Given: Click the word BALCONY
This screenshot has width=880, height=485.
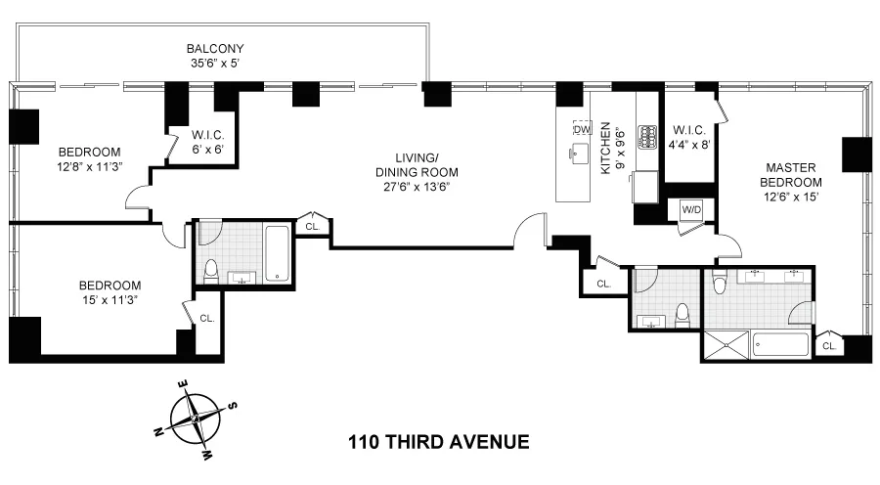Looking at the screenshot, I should (x=216, y=48).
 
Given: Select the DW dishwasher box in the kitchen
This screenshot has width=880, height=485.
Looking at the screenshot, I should (x=582, y=129).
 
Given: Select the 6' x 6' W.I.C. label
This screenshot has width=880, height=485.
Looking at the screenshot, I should (x=208, y=142).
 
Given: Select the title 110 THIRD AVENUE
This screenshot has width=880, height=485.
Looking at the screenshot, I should (x=438, y=442).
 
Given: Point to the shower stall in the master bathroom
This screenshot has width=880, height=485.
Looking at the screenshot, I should (x=726, y=345).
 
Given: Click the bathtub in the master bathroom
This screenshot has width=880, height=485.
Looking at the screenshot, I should (x=781, y=345).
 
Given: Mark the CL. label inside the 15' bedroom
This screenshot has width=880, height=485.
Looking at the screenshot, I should (x=207, y=318).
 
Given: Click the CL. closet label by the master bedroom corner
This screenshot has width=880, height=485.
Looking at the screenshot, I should (x=829, y=346).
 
